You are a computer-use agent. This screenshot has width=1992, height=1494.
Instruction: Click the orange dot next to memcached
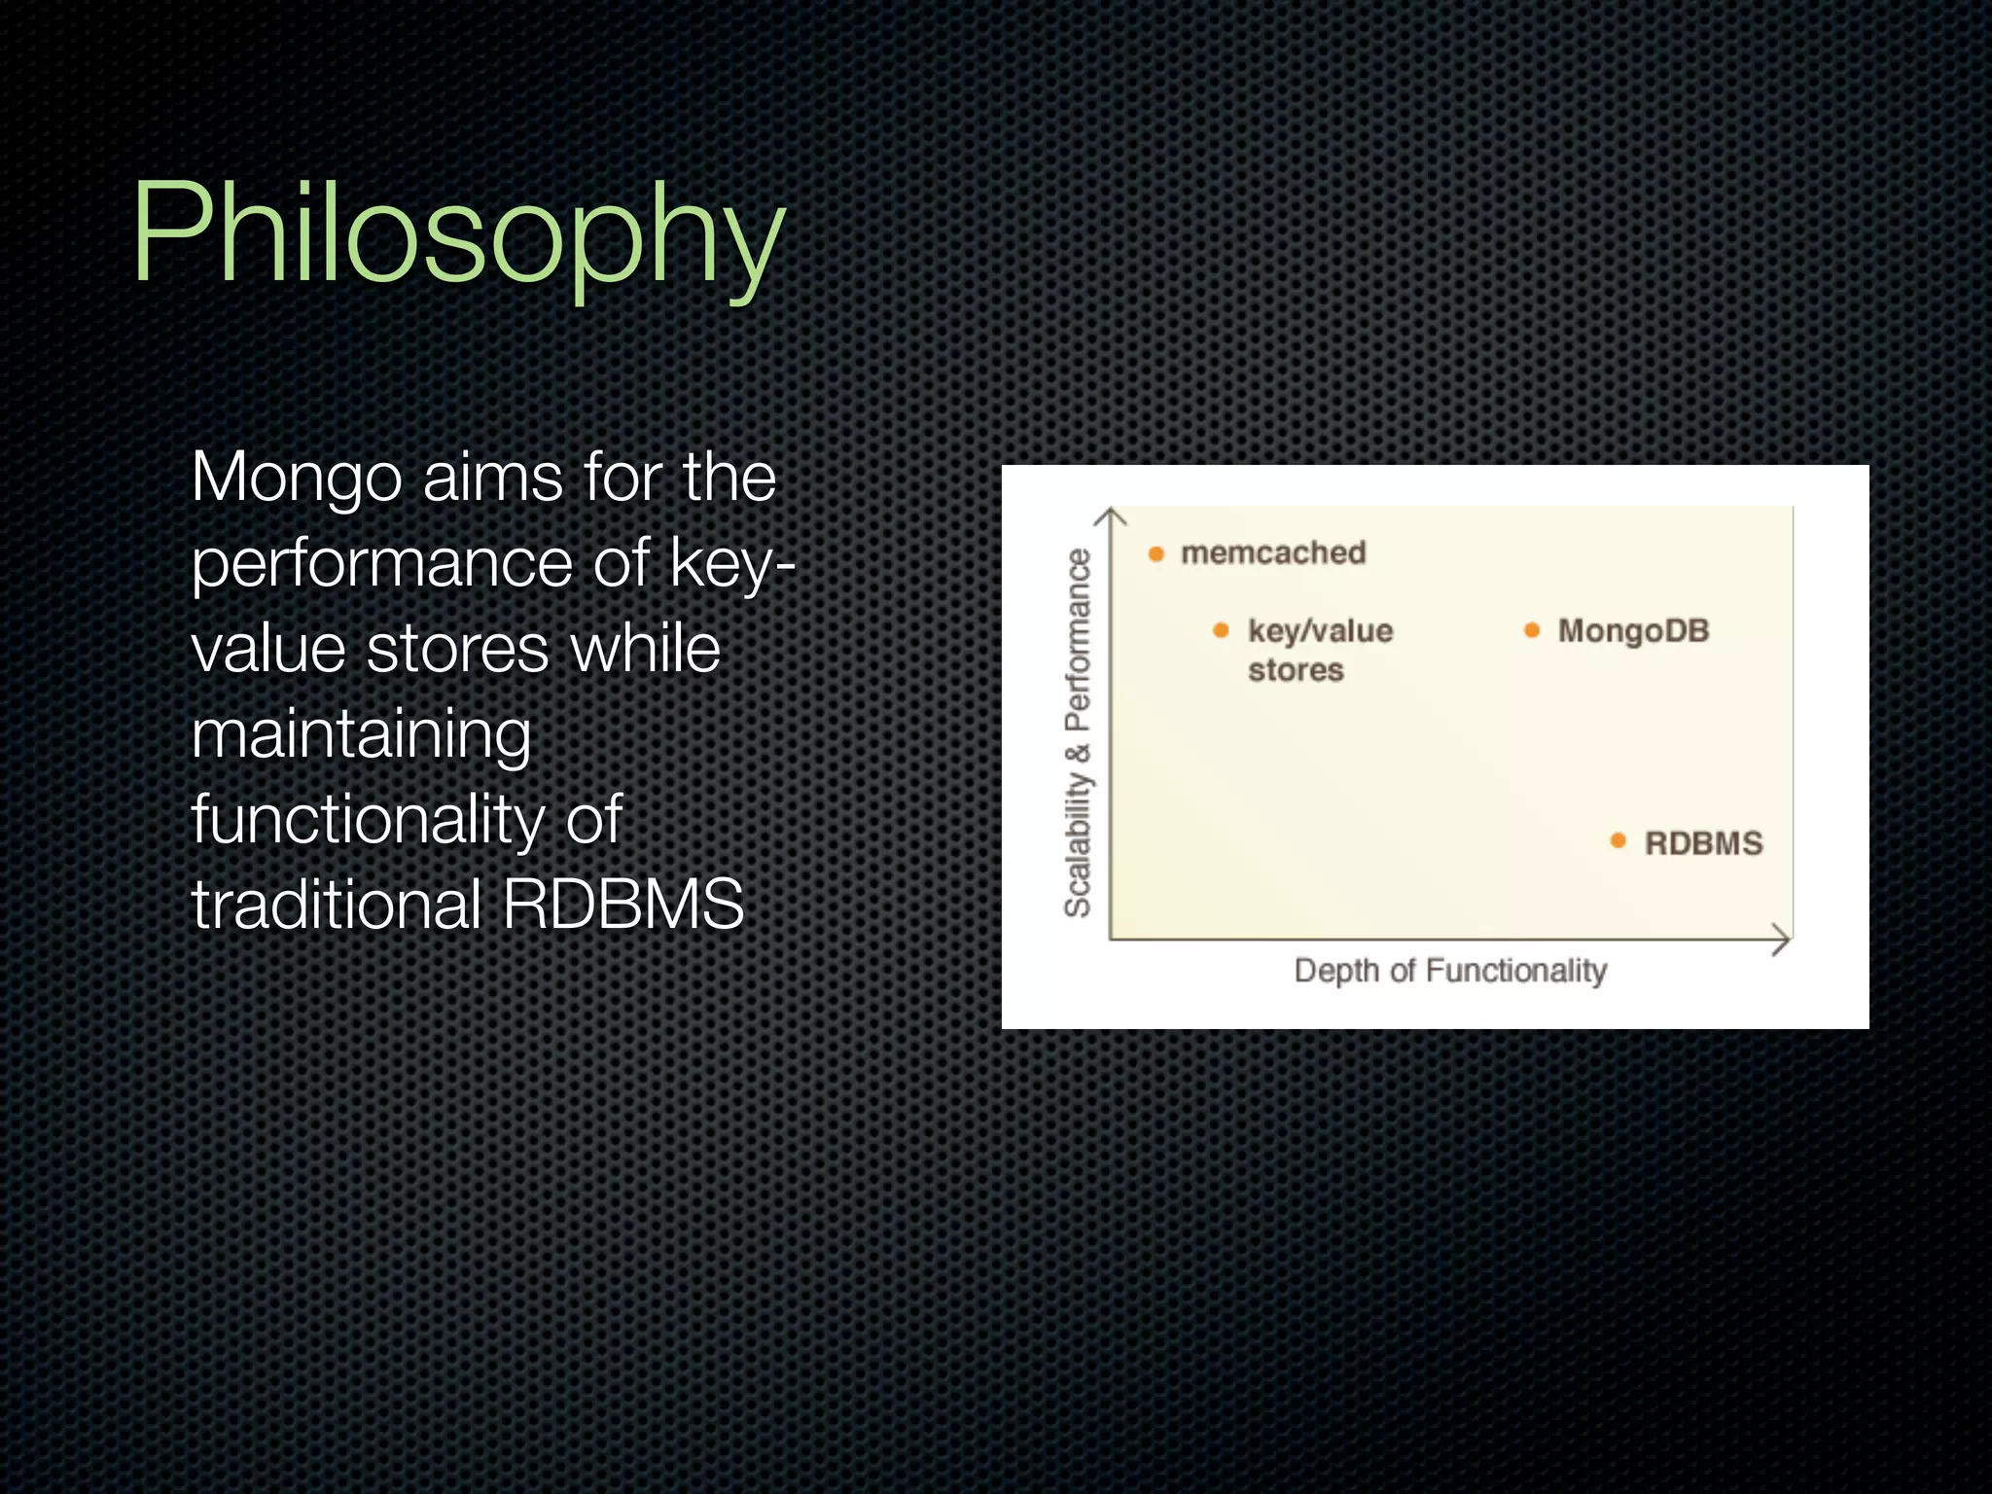(x=1156, y=554)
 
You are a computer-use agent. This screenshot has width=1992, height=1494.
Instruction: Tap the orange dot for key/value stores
(x=1222, y=630)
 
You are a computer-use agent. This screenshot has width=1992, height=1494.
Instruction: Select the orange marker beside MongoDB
(x=1532, y=630)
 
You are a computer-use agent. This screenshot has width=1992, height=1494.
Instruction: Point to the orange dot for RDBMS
(x=1618, y=840)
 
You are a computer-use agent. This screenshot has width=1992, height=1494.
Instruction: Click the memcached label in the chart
(x=1273, y=552)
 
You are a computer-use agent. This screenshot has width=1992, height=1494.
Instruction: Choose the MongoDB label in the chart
(x=1633, y=630)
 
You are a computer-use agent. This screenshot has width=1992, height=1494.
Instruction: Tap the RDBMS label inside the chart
(x=1703, y=842)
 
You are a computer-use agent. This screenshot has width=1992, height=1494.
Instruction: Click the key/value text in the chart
(x=1320, y=631)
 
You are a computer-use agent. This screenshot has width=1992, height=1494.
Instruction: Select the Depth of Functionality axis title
(x=1449, y=970)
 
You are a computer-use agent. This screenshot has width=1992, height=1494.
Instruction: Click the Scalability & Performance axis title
(x=1078, y=731)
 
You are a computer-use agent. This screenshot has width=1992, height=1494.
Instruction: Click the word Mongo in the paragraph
(x=296, y=479)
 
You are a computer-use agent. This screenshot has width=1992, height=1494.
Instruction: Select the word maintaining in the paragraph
(x=361, y=734)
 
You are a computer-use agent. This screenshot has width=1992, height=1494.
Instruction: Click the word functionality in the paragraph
(x=368, y=819)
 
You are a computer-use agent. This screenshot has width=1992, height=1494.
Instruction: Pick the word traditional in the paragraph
(x=337, y=905)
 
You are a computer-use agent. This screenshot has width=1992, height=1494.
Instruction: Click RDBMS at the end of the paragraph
(x=622, y=905)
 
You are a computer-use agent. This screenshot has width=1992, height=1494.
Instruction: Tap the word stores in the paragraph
(x=457, y=649)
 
